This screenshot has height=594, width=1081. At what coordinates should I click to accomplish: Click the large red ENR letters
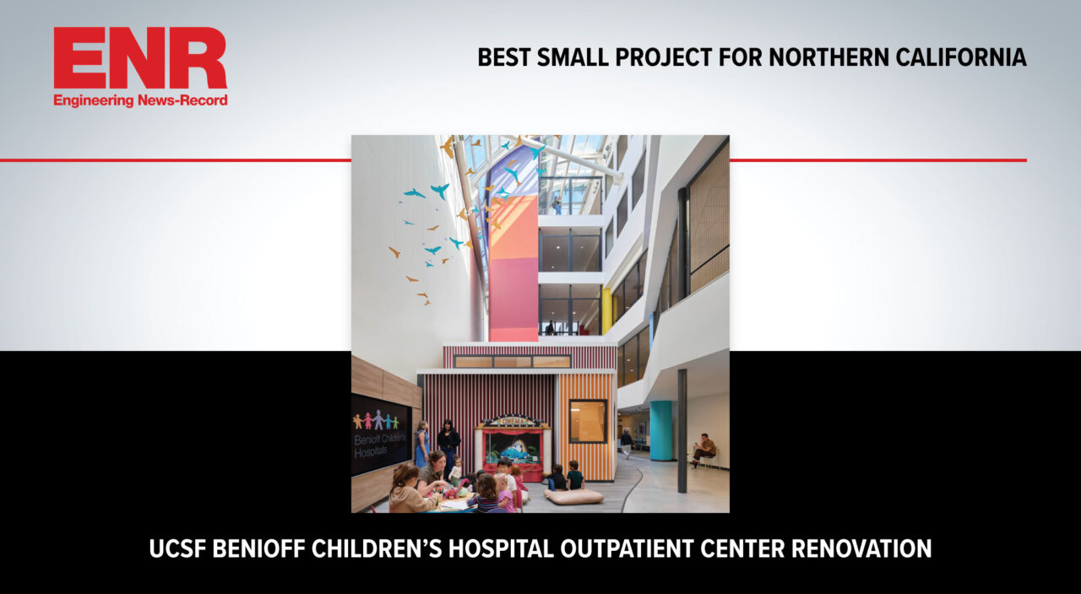pyautogui.click(x=140, y=58)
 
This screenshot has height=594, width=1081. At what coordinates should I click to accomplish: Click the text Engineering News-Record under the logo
pyautogui.click(x=140, y=100)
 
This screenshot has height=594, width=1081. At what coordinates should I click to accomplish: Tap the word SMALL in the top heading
pyautogui.click(x=573, y=57)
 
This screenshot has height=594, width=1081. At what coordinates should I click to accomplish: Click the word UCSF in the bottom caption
pyautogui.click(x=177, y=548)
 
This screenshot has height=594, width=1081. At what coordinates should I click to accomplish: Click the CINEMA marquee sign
pyautogui.click(x=513, y=421)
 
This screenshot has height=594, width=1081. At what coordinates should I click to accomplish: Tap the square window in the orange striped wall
pyautogui.click(x=588, y=421)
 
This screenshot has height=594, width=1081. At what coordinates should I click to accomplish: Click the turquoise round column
pyautogui.click(x=660, y=430)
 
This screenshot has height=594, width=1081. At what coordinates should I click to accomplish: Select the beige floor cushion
pyautogui.click(x=573, y=496)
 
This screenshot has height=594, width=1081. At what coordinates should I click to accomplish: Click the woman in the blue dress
pyautogui.click(x=421, y=444)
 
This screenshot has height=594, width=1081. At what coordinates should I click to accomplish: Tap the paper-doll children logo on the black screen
pyautogui.click(x=376, y=420)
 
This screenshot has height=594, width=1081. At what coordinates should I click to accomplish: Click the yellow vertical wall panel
pyautogui.click(x=606, y=311)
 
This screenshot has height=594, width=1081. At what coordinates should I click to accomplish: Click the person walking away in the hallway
pyautogui.click(x=627, y=443)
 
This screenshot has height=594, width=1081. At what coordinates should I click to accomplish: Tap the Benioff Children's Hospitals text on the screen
pyautogui.click(x=379, y=445)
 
